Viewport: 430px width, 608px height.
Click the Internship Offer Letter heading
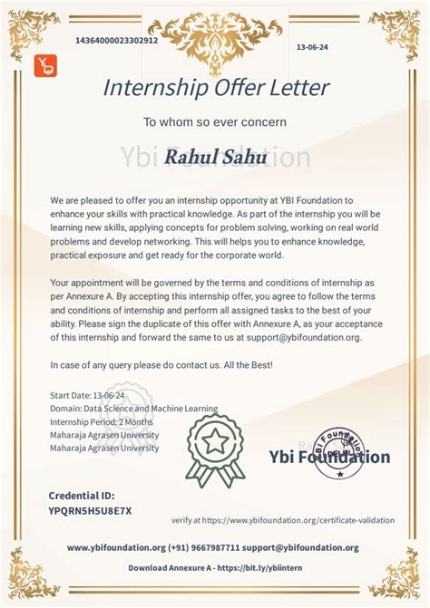(215, 88)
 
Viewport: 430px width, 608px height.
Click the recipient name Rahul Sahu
(215, 157)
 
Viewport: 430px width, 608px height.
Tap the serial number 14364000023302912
(117, 41)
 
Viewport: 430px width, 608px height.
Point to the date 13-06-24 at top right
(312, 46)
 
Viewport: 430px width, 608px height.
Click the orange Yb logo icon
(45, 66)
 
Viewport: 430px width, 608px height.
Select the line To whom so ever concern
(215, 121)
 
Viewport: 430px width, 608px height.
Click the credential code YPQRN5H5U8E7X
(90, 510)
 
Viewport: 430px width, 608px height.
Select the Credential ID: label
(82, 496)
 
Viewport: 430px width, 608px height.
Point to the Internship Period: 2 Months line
(101, 422)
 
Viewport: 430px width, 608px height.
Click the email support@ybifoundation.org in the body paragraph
(308, 337)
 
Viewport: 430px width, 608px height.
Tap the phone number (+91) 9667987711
(204, 547)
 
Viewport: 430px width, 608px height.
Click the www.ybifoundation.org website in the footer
(116, 547)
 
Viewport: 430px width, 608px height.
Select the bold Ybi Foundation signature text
(329, 458)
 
